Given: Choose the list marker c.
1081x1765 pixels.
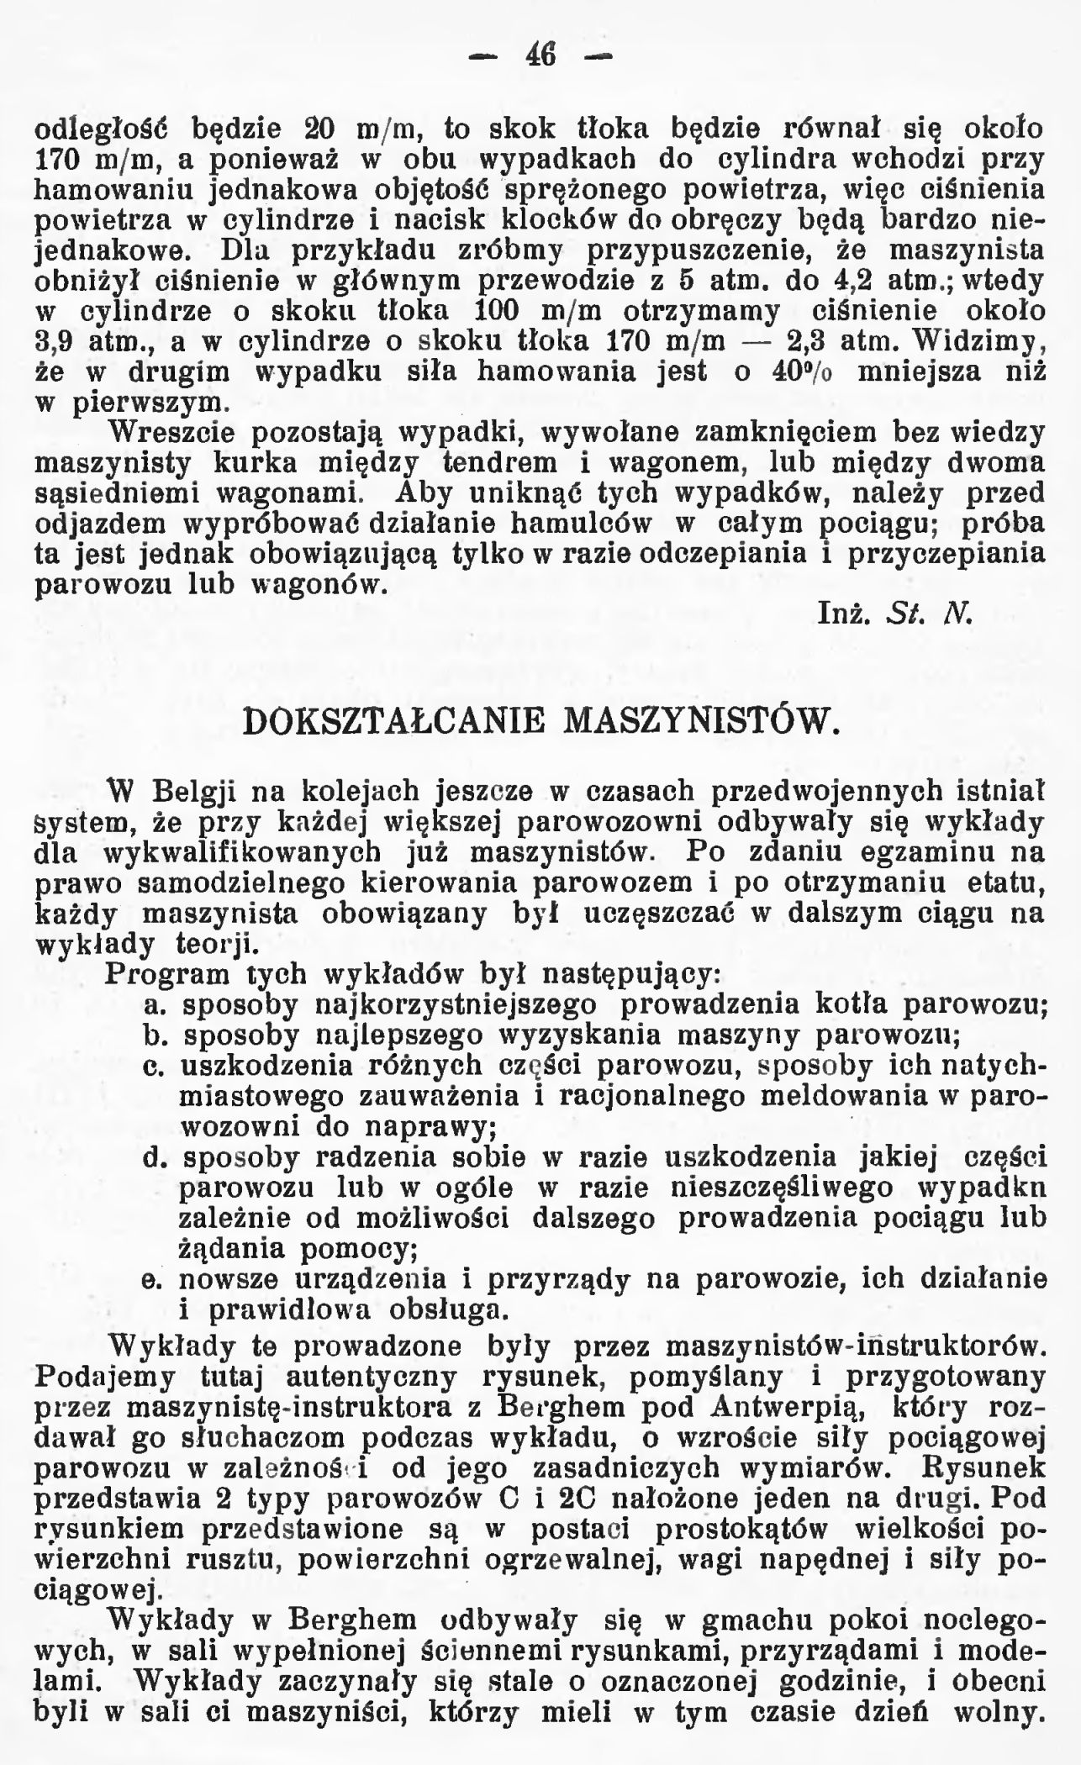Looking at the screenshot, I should coord(153,1067).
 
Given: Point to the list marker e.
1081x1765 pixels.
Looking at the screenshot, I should coord(153,1282).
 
